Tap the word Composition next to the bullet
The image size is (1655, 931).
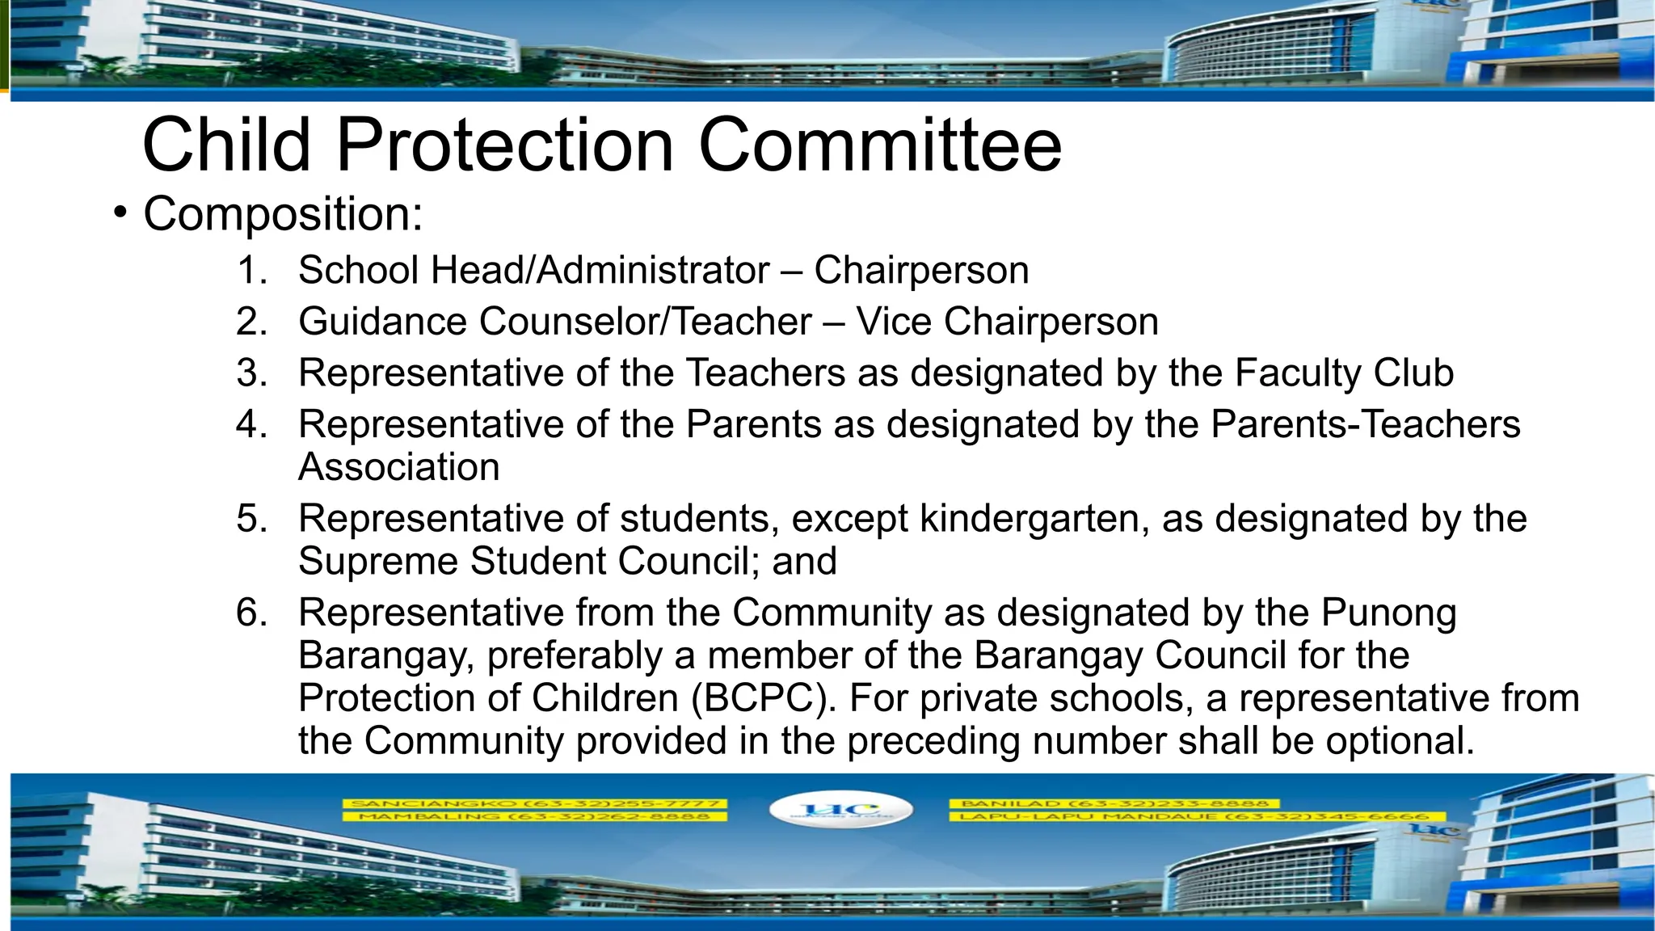(282, 215)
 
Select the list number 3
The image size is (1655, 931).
(251, 373)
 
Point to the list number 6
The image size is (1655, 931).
(251, 613)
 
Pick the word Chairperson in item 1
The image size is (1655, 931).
(921, 271)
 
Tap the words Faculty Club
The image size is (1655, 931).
(1343, 373)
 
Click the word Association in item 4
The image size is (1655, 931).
(398, 467)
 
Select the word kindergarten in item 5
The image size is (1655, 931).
(1034, 519)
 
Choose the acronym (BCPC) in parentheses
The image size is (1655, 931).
(764, 698)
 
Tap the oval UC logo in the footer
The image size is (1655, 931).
(840, 809)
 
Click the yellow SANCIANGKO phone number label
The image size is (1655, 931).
(534, 803)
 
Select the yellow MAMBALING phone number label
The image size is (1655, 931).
(534, 816)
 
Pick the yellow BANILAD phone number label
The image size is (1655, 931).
(1114, 803)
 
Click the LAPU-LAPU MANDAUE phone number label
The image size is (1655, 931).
(1188, 816)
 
